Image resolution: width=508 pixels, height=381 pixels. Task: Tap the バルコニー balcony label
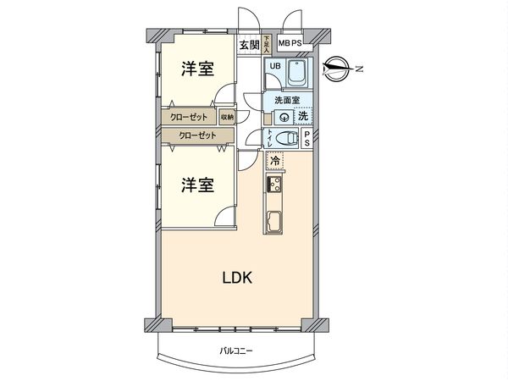(236, 351)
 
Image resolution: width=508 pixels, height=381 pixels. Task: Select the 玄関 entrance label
(247, 46)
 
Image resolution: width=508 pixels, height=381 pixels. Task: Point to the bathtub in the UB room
(297, 75)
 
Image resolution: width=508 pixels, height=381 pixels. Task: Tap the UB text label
(273, 66)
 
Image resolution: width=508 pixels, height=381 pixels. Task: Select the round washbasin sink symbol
(280, 117)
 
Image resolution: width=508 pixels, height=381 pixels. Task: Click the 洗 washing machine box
(302, 117)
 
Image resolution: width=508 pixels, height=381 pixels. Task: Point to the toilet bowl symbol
(288, 140)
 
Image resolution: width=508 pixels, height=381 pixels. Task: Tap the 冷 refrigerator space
(274, 157)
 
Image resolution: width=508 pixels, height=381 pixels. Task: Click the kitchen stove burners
(275, 184)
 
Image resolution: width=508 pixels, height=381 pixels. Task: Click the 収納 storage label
(228, 117)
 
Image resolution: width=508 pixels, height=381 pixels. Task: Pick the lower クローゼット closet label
(196, 135)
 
